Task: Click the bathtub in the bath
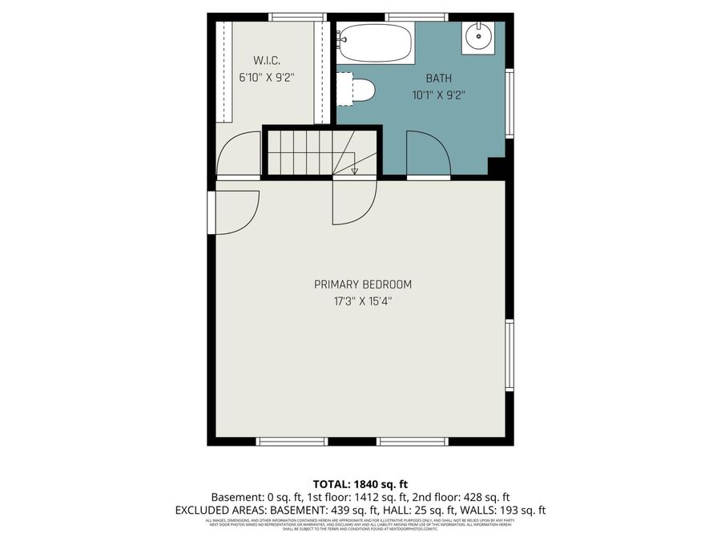pyautogui.click(x=375, y=43)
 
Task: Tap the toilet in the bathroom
pyautogui.click(x=360, y=90)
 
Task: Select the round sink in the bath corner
pyautogui.click(x=479, y=35)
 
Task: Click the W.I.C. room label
pyautogui.click(x=267, y=61)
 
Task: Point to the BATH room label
pyautogui.click(x=438, y=79)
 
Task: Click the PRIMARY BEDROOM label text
pyautogui.click(x=363, y=285)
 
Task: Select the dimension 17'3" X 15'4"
pyautogui.click(x=363, y=301)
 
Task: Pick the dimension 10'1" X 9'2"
pyautogui.click(x=438, y=95)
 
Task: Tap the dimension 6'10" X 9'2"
pyautogui.click(x=267, y=78)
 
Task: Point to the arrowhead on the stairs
pyautogui.click(x=354, y=170)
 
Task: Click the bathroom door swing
pyautogui.click(x=429, y=154)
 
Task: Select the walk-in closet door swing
pyautogui.click(x=238, y=155)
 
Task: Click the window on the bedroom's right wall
pyautogui.click(x=510, y=355)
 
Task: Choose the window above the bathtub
pyautogui.click(x=416, y=17)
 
